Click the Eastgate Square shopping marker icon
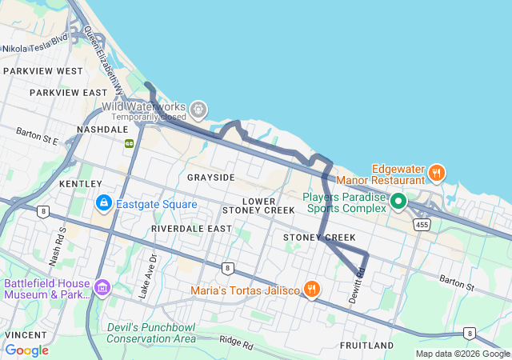coord(103,204)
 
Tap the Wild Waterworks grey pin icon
coord(198,108)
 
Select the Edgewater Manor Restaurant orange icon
coord(436,171)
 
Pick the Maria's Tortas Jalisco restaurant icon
coord(312,289)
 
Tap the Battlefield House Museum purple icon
coord(102,286)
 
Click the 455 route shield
coord(422,226)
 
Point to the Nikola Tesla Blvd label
coord(35,48)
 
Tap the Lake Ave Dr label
coord(144,277)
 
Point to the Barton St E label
coord(37,135)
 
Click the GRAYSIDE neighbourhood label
coord(211,177)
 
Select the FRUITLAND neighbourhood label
coord(366,346)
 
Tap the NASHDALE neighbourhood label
coord(102,129)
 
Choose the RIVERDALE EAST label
coord(191,229)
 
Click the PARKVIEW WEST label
coord(42,71)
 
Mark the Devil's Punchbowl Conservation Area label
coord(151,333)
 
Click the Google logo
coord(27,350)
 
